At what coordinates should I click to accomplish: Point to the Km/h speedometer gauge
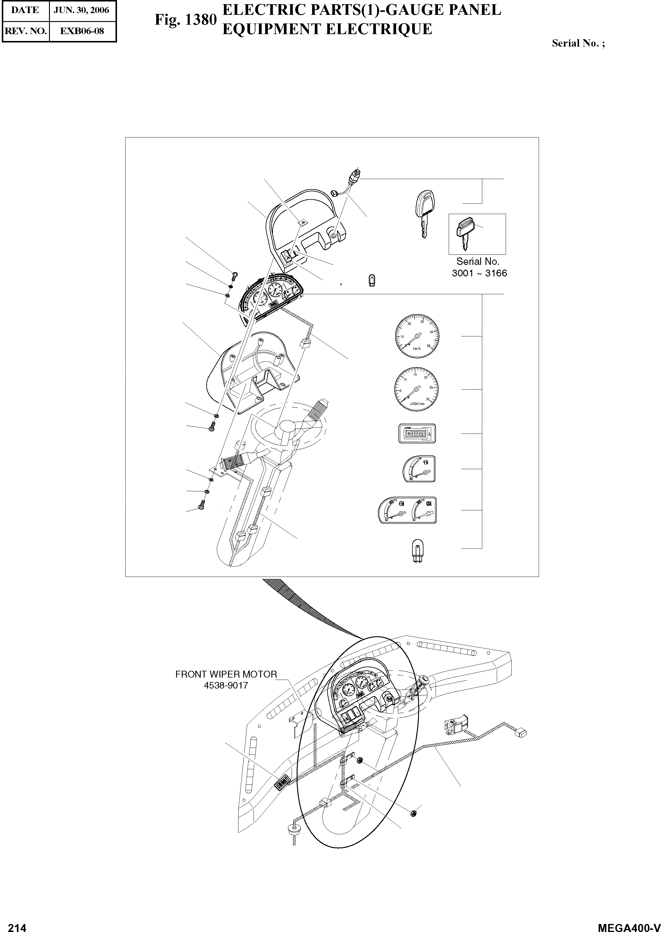point(417,336)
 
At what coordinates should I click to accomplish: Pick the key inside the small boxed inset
point(465,233)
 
